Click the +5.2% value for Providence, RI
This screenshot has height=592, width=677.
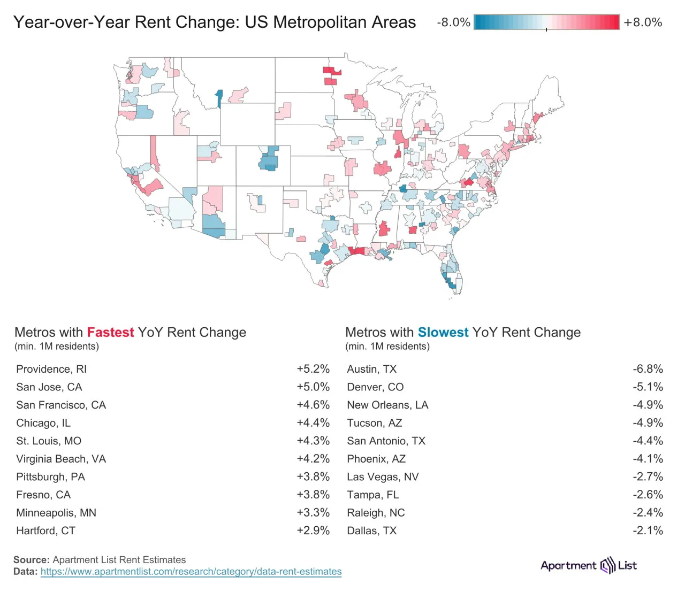tap(313, 369)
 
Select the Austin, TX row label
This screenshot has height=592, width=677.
tap(372, 369)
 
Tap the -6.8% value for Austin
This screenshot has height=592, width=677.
tap(648, 369)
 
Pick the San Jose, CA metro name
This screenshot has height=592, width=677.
tap(49, 387)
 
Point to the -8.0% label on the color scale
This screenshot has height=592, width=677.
tap(453, 22)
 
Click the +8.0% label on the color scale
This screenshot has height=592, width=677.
tap(643, 22)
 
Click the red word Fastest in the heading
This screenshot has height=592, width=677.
tap(110, 332)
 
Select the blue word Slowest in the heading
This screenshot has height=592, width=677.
tap(443, 332)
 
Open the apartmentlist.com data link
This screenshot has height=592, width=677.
tap(191, 572)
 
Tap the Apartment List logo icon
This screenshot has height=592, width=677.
tap(607, 565)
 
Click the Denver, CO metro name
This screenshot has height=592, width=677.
tap(375, 387)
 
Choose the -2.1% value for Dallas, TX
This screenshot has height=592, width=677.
tap(648, 531)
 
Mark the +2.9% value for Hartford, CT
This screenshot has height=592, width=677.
tap(313, 531)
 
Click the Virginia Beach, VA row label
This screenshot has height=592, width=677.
tap(61, 459)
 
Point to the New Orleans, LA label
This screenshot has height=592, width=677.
tap(387, 405)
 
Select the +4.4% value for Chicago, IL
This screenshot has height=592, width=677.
tap(313, 423)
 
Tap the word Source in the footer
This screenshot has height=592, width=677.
tap(31, 560)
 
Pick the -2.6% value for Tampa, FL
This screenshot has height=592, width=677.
tap(648, 495)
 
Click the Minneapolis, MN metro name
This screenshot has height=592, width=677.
tap(56, 513)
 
